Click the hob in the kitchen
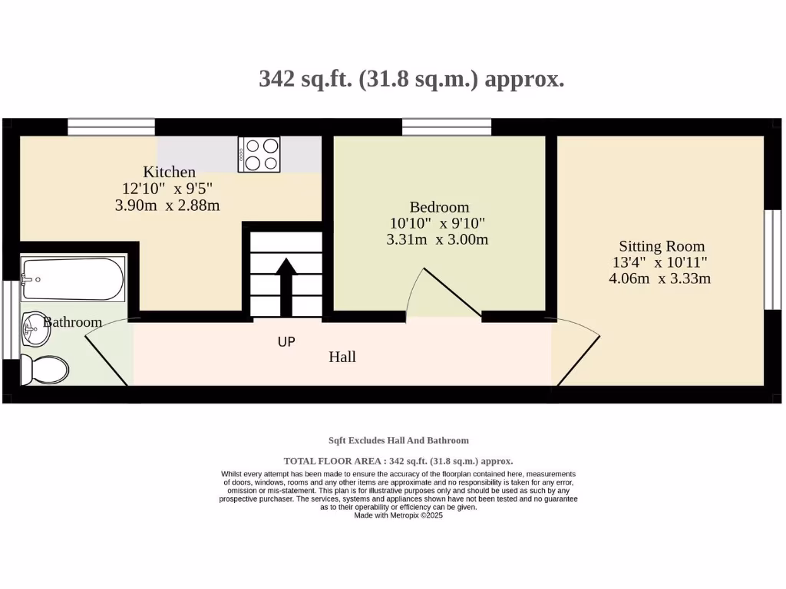(x=259, y=154)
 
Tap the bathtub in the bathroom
(x=72, y=279)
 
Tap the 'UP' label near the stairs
(x=286, y=342)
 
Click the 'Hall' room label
(x=342, y=357)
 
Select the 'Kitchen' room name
(x=169, y=172)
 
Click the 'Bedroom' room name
(x=439, y=207)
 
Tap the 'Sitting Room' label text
(x=662, y=246)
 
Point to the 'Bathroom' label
(x=72, y=322)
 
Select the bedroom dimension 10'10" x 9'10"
(x=438, y=223)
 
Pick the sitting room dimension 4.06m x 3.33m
(x=659, y=278)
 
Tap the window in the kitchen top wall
(x=111, y=127)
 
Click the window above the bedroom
(x=447, y=127)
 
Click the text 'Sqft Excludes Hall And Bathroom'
(x=398, y=440)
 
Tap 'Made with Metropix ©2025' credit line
(x=398, y=515)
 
